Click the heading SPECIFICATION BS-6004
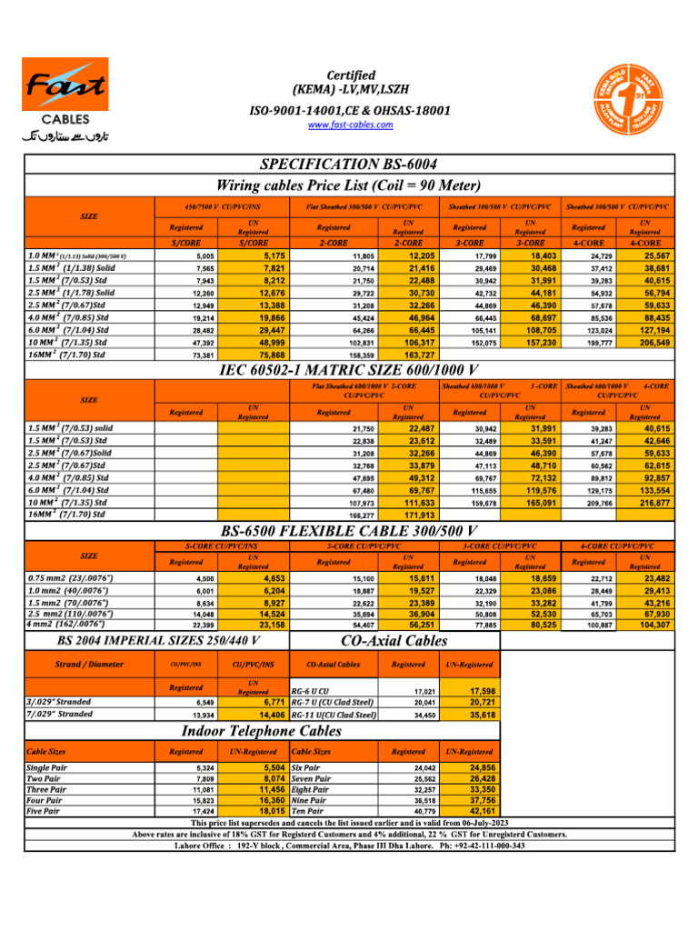pos(349,164)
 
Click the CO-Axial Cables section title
pos(393,641)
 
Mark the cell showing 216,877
pos(649,503)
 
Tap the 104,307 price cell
pos(649,625)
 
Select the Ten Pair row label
pos(309,810)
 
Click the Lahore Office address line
pos(349,845)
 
